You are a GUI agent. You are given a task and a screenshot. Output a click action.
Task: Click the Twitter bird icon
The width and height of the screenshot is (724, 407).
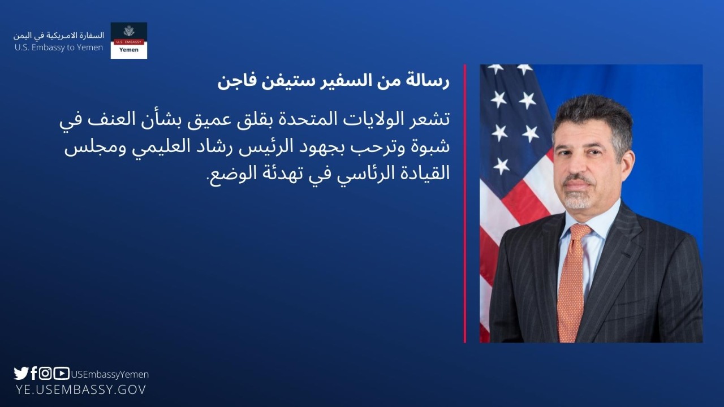coord(21,374)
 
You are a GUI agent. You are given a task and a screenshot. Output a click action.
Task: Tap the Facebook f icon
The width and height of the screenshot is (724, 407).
coord(34,373)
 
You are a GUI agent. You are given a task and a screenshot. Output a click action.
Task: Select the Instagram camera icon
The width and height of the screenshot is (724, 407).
coord(45,374)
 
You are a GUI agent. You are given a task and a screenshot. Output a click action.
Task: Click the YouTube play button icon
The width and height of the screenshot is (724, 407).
coord(62,374)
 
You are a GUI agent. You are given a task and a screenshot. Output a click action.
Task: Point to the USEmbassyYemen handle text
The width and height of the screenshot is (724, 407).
coord(110,374)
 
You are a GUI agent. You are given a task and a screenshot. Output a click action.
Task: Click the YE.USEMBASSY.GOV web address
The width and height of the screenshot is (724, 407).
coord(81,389)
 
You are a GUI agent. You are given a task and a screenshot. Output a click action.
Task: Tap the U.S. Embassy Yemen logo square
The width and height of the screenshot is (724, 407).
coord(128,40)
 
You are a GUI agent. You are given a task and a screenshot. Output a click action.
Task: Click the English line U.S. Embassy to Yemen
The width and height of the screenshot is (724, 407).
coord(59,47)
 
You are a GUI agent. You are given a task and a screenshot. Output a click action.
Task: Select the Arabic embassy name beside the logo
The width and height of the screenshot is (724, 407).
coord(59,36)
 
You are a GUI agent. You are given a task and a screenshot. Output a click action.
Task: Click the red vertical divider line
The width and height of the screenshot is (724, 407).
coord(465,203)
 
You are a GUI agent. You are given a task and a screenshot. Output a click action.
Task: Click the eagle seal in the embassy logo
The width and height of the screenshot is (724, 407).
coord(129,31)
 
